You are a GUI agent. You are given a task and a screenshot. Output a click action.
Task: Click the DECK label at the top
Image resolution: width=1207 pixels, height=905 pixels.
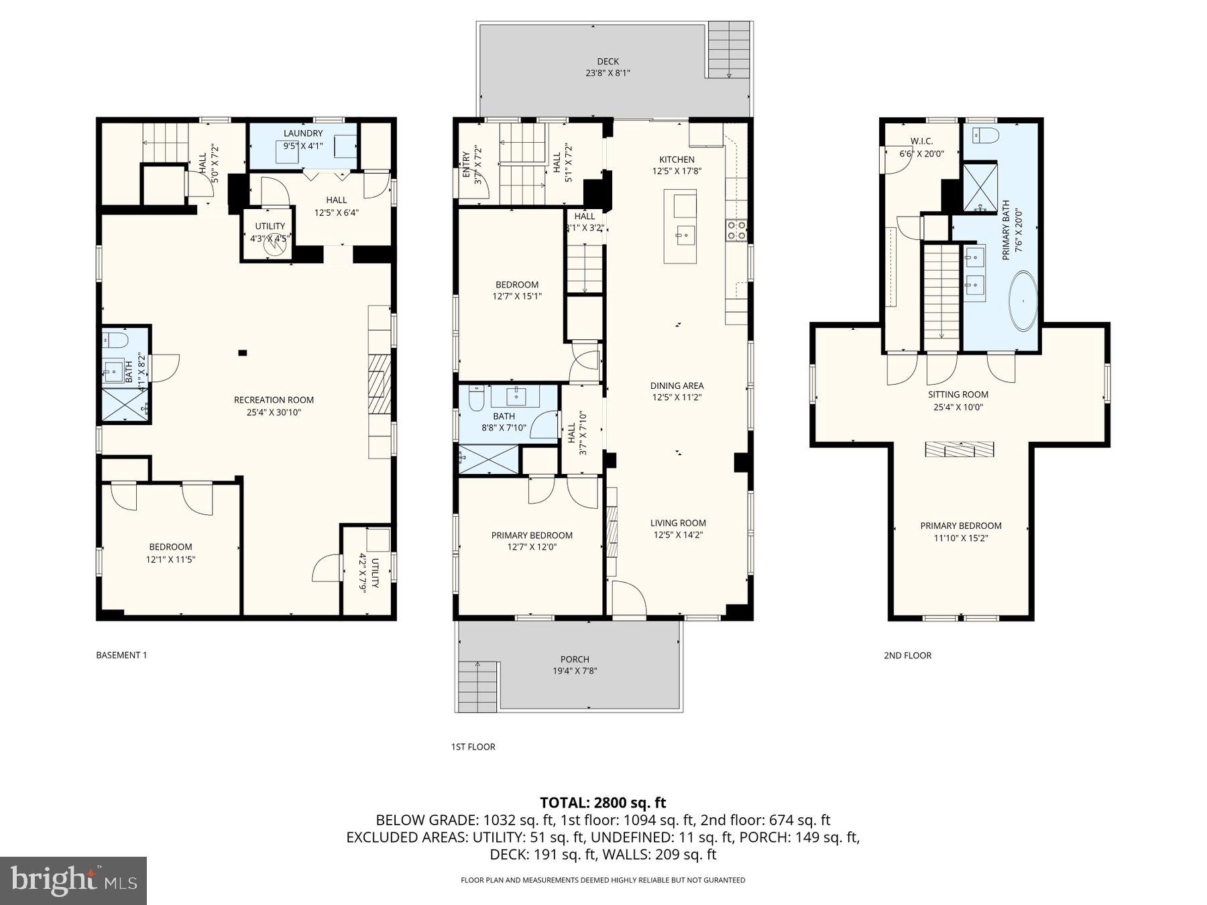tap(608, 62)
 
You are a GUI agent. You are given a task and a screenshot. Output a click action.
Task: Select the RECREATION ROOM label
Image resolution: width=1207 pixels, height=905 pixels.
tap(274, 400)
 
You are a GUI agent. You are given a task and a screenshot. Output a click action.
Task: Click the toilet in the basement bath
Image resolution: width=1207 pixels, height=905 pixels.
tap(117, 341)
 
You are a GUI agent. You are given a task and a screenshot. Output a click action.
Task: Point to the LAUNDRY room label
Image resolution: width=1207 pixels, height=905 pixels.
tap(303, 133)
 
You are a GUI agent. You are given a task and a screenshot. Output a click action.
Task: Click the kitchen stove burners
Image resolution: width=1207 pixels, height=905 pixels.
tap(736, 230)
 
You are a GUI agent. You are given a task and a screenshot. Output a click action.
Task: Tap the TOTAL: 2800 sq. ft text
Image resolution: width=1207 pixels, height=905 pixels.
tap(603, 802)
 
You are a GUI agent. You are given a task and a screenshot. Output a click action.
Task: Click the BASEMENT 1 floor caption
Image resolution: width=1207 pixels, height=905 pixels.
tap(121, 655)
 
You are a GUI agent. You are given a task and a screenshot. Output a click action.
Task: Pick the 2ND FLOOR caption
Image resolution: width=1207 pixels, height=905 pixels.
tap(907, 655)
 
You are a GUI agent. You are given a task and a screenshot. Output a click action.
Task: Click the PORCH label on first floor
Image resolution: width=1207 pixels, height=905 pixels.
tap(575, 659)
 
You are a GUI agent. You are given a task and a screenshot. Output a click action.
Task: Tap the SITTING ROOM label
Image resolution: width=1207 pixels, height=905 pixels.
tap(958, 395)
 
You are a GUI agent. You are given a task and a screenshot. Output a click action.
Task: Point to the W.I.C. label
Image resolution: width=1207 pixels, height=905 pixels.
tap(921, 141)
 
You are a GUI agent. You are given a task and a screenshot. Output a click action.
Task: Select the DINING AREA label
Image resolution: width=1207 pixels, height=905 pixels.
tap(677, 385)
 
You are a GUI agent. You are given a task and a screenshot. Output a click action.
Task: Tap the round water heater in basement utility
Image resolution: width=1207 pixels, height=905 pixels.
tap(275, 246)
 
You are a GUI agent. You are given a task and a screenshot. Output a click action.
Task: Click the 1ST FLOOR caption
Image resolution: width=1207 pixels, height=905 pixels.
tap(473, 746)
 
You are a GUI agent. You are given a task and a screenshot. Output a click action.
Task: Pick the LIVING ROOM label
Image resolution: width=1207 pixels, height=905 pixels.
tap(678, 523)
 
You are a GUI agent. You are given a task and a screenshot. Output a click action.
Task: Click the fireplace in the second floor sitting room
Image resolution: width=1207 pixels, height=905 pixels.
tap(959, 449)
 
